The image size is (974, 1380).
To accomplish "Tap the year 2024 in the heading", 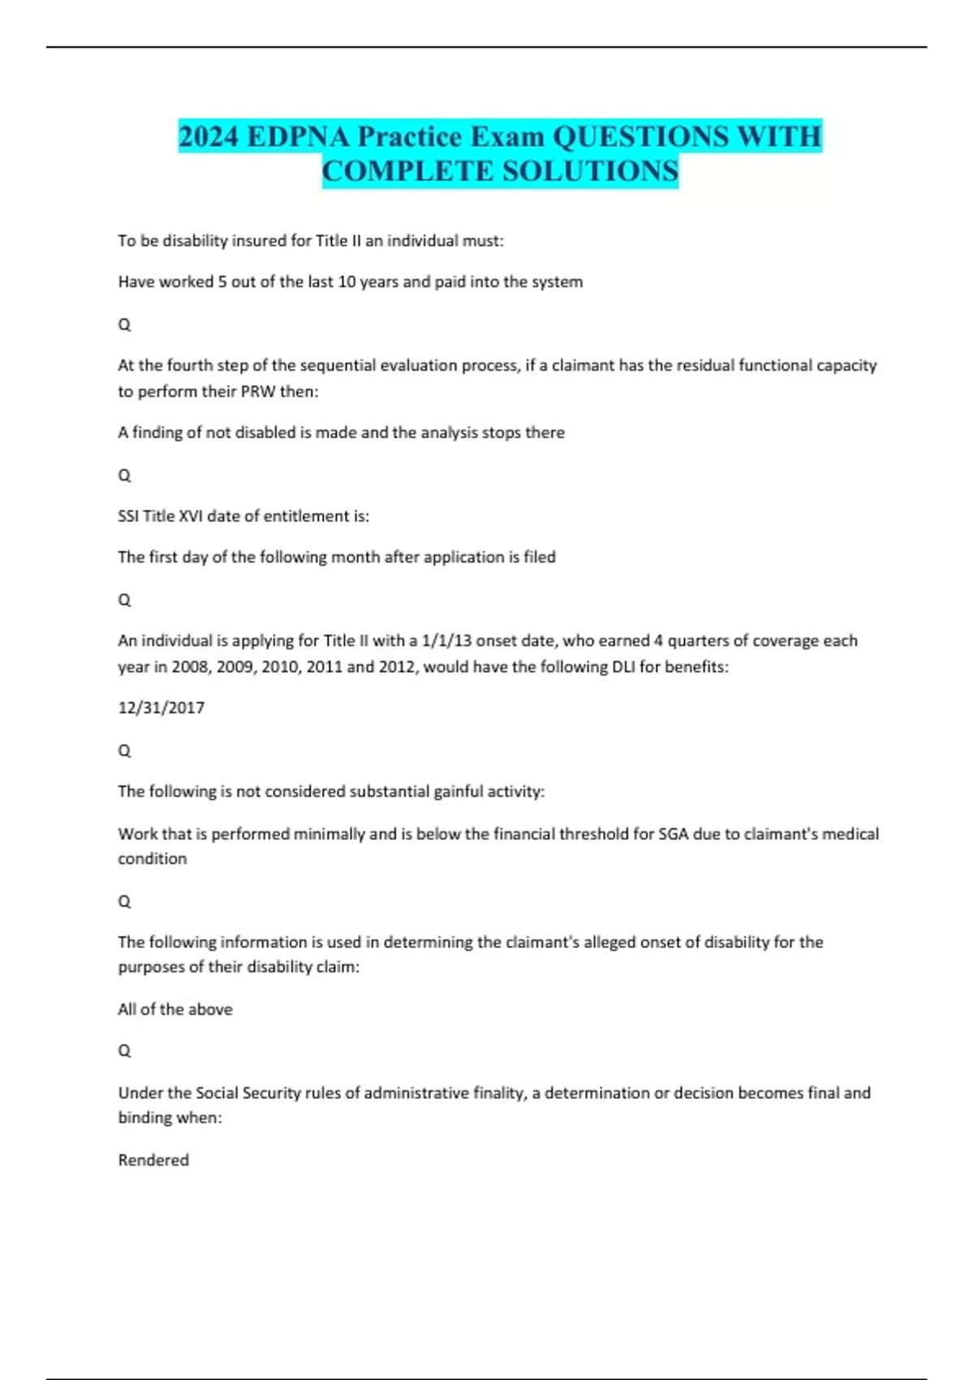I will [209, 136].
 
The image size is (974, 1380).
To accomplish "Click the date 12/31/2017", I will [161, 708].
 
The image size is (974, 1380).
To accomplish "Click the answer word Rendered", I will [153, 1160].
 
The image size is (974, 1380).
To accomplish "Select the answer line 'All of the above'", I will [175, 1009].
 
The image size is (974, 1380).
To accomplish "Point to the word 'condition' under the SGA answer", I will [152, 859].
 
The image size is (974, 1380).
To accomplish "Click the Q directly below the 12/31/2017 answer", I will [124, 751].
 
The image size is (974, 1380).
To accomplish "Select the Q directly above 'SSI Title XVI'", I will [124, 476].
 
